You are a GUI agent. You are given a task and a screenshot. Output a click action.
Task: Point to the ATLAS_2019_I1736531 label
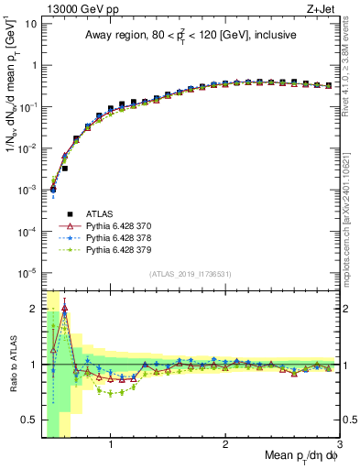click(x=190, y=274)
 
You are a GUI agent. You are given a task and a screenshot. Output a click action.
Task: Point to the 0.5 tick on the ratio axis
click(x=30, y=420)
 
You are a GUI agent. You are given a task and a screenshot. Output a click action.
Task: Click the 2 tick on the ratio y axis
click(x=35, y=309)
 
